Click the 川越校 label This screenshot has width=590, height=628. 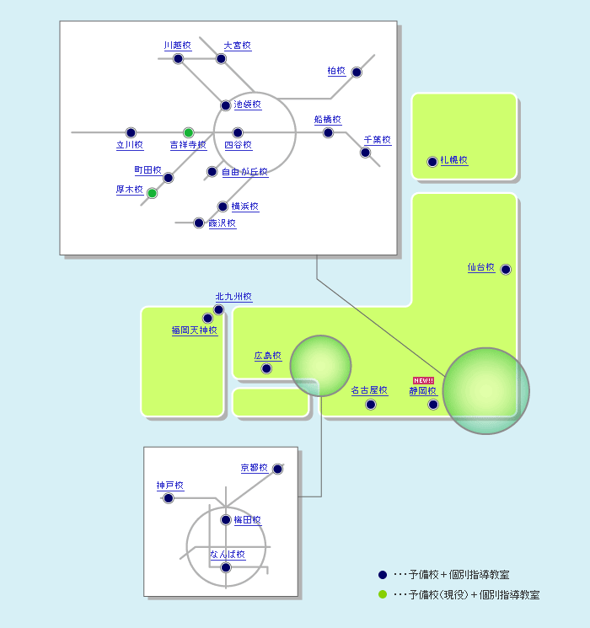coord(178,46)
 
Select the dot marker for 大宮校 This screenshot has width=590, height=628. coord(221,59)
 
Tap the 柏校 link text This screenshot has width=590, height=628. coord(336,71)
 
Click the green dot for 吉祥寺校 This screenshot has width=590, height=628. coord(188,132)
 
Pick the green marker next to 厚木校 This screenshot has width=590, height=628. coord(152,193)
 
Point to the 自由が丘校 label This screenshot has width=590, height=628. coord(244,172)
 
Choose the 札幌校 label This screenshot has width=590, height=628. coord(454,160)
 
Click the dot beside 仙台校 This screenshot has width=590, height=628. coord(506,270)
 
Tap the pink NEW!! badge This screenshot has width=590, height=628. coord(423,380)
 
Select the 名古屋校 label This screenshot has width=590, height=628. coord(369,390)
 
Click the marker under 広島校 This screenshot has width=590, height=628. coord(266,368)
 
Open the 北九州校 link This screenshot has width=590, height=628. coord(234,297)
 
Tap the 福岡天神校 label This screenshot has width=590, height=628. coord(195,330)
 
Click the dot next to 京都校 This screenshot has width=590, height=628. coord(277,469)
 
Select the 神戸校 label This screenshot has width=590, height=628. coord(170,486)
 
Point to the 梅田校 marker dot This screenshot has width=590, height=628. coord(226,520)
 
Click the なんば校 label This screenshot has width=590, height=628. coord(228,555)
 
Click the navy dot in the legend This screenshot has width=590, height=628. coord(383,575)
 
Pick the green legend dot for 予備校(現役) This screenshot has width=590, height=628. coord(383,595)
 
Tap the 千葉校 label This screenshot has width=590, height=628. coord(378,140)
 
